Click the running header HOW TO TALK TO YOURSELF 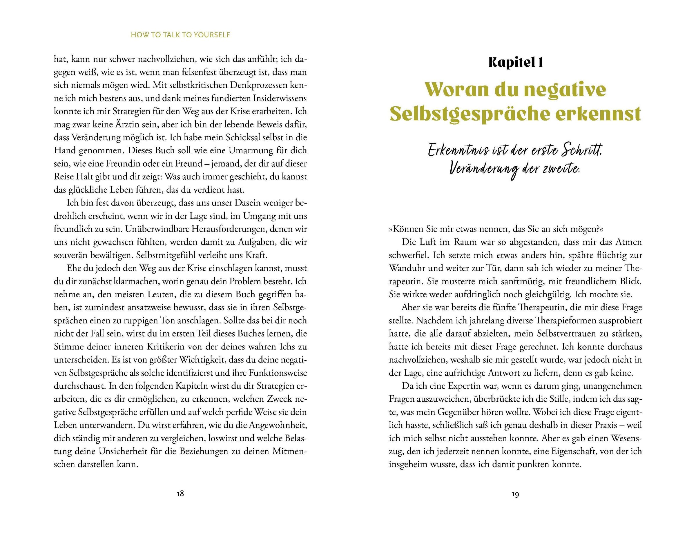click(180, 35)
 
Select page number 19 click(515, 494)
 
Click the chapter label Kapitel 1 click(515, 62)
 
